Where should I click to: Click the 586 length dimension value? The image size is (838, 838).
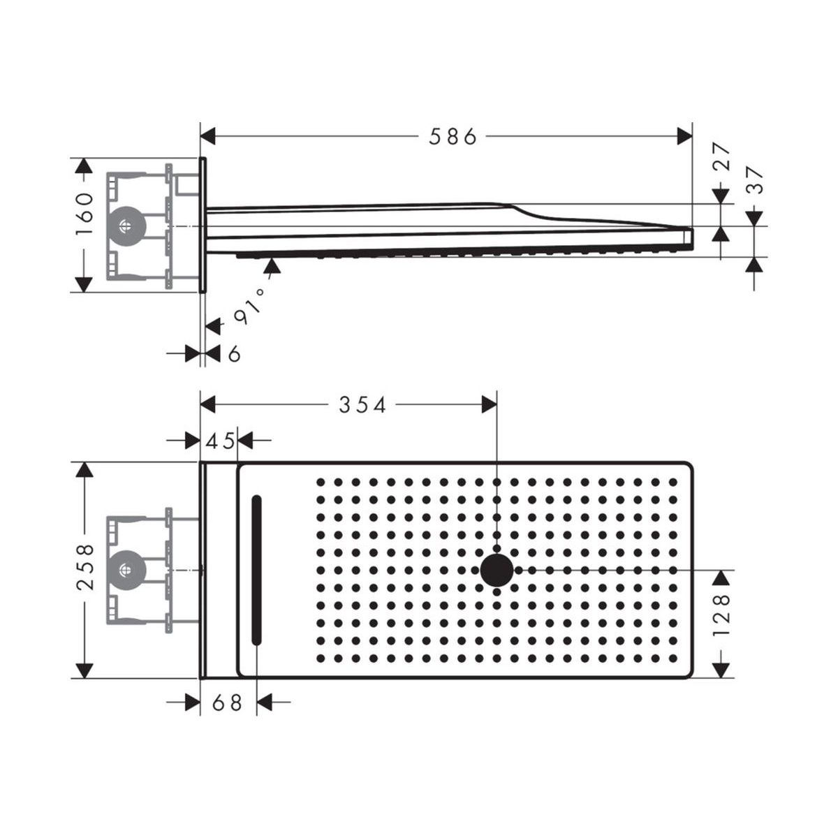point(453,137)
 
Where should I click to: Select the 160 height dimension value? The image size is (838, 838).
point(84,214)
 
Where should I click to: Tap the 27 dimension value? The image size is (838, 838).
point(722,156)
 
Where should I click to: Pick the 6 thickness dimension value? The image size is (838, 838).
point(234,353)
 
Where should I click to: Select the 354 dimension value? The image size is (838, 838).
point(362,405)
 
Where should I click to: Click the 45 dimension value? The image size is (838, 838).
point(219,441)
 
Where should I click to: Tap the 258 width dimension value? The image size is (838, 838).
point(85,566)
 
